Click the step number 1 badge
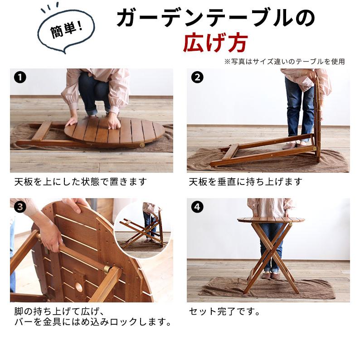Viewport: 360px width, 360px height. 19,77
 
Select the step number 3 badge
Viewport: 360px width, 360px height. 19,208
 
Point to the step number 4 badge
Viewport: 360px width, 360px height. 196,208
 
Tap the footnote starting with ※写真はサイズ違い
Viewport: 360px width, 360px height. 284,61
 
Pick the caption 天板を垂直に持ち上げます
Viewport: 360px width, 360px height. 245,182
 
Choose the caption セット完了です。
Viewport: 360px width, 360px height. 224,312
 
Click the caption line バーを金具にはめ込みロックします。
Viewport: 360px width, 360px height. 92,323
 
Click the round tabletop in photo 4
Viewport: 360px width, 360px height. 271,220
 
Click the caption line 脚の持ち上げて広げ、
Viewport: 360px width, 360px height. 59,312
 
